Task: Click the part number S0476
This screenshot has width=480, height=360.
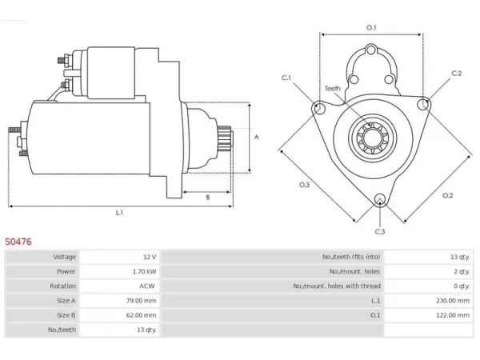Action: point(18,242)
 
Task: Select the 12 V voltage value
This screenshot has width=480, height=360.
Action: point(150,257)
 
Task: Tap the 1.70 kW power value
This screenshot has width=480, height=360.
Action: point(145,271)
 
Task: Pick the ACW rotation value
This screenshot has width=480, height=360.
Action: point(147,286)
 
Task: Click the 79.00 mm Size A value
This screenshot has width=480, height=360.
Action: point(141,301)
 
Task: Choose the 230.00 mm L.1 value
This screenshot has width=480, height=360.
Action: point(453,301)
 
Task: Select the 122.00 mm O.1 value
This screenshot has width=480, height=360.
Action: point(453,315)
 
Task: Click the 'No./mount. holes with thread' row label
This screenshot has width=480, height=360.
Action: point(337,286)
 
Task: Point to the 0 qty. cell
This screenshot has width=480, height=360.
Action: point(462,286)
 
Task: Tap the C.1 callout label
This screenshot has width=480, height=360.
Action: point(286,78)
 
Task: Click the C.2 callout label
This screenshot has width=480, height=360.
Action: point(457,73)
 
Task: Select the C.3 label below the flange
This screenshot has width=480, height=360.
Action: point(380,232)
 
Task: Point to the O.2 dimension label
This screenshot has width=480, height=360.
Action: point(447,196)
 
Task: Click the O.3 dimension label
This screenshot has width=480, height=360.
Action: point(304,185)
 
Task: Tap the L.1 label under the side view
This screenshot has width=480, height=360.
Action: point(119,213)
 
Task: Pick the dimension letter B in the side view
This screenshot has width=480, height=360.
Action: point(208,198)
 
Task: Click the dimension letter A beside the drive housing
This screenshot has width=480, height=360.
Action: point(257,137)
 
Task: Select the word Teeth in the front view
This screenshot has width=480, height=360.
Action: point(333,89)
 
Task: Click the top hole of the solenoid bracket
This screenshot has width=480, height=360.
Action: point(371,50)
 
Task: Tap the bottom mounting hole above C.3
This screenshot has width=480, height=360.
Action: point(380,199)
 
